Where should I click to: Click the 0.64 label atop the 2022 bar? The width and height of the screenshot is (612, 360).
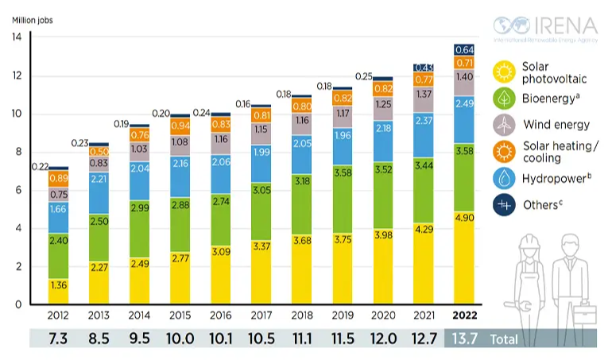[465, 49]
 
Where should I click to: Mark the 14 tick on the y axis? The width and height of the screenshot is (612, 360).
[16, 37]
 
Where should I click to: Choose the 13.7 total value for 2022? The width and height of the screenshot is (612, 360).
[464, 339]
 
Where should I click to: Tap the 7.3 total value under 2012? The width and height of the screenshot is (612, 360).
[58, 339]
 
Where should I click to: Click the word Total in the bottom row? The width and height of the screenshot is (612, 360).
[504, 339]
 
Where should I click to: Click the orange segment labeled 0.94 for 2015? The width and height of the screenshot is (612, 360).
[180, 126]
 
